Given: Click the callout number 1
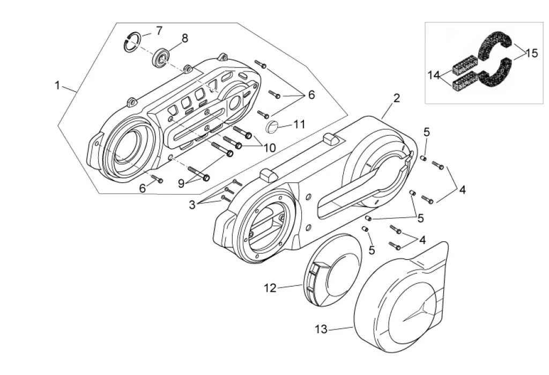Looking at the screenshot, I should [x=57, y=85].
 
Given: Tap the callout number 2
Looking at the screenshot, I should [x=396, y=98].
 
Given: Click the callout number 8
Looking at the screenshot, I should [x=185, y=38].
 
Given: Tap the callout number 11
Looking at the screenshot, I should [x=299, y=124].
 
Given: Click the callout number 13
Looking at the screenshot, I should [x=321, y=329].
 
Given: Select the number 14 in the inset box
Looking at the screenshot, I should [x=434, y=75].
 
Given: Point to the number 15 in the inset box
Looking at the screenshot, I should [x=531, y=53].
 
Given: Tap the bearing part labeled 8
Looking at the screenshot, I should [x=162, y=57].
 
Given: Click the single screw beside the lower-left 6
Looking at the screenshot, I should [x=157, y=179].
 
